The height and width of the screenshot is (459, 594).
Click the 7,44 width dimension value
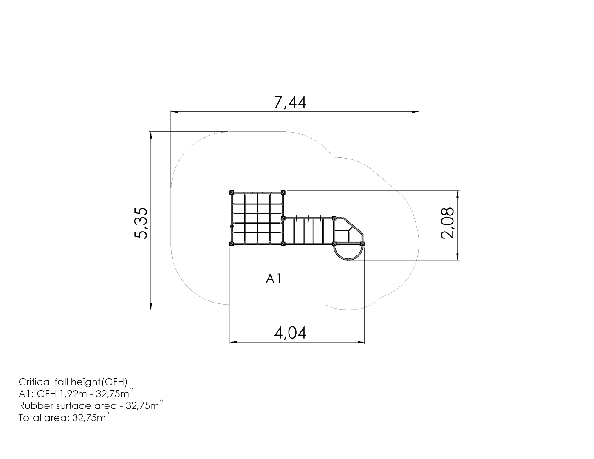[x=290, y=102]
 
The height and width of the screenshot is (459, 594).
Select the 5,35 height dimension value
[x=141, y=224]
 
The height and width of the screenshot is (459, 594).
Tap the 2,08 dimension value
[x=447, y=224]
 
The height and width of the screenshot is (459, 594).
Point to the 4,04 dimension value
[x=290, y=333]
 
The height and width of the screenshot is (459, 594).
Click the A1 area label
[x=274, y=279]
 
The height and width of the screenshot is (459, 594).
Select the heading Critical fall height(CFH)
[x=73, y=382]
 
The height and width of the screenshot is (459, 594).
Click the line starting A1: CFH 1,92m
[x=76, y=394]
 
